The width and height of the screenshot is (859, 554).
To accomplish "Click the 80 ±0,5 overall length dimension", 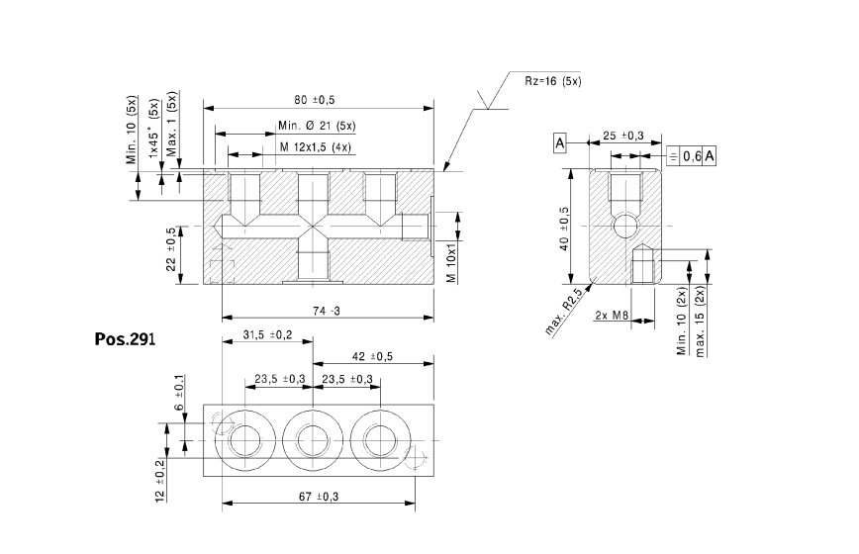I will point(315,99).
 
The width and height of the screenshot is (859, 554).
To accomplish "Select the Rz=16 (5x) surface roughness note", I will point(552,80).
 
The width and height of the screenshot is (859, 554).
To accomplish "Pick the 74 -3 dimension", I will point(326,311).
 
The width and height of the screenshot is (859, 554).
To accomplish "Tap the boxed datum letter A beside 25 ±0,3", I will point(559,143).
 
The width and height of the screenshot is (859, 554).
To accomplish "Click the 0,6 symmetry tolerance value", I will point(692,156).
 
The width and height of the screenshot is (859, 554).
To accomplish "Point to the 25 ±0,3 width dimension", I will point(622,135).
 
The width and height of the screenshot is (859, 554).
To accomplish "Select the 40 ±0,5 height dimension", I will point(564,228).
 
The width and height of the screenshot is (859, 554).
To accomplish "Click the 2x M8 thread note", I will point(613,315).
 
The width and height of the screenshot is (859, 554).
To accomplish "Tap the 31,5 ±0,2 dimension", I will point(265,335).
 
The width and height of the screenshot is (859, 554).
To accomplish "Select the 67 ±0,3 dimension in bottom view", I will point(316,497).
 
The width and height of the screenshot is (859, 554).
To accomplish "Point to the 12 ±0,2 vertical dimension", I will point(160,481).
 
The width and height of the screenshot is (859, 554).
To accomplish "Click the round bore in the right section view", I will point(624,227).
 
